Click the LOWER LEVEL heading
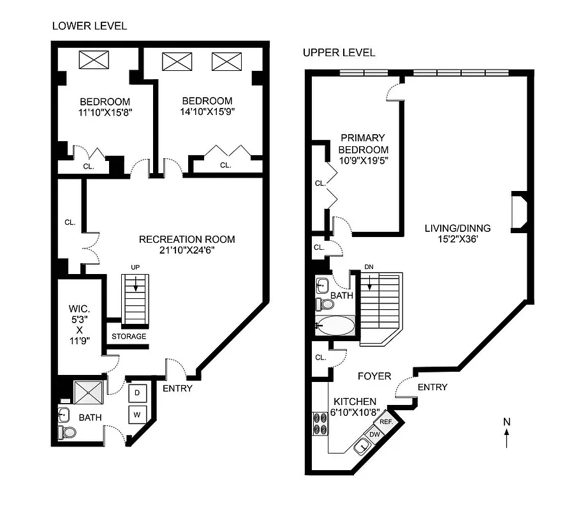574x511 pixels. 89,26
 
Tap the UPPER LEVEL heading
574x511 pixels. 339,52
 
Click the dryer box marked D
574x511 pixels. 138,392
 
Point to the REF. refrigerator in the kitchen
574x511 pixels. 386,422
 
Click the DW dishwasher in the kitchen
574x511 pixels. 376,434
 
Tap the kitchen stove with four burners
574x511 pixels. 319,423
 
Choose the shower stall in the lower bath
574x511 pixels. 87,392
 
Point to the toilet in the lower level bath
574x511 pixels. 68,432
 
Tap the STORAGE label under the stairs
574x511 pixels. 129,337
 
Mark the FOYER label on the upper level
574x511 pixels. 374,376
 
